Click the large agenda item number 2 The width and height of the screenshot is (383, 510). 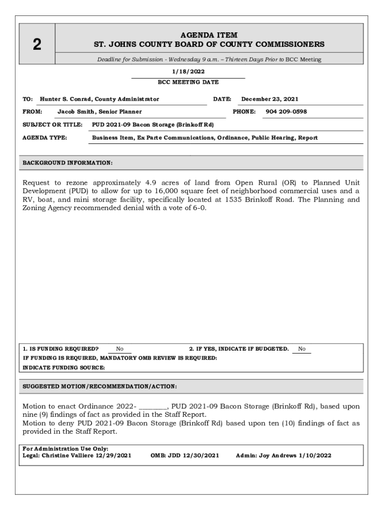tap(37, 45)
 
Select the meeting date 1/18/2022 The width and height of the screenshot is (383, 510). tap(188, 72)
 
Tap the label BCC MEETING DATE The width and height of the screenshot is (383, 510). tap(188, 82)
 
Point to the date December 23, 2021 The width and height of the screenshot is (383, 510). tap(270, 99)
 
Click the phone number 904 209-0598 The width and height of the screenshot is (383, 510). tap(286, 112)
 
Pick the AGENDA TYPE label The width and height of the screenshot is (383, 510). tap(45, 137)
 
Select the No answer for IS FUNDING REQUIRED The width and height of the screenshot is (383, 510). tap(120, 349)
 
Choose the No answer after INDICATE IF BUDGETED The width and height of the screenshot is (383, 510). tap(301, 349)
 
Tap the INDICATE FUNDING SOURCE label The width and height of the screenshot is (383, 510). tap(64, 368)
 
